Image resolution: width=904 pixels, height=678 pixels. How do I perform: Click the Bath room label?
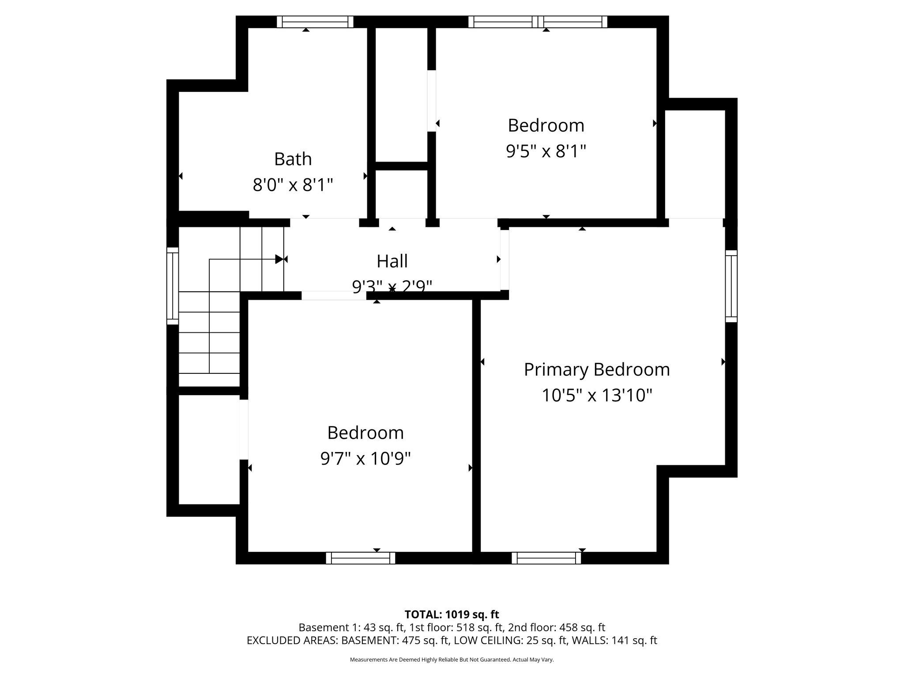[293, 159]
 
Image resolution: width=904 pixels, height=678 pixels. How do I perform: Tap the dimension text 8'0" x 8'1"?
[293, 185]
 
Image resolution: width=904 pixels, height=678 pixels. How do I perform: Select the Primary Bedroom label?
[596, 369]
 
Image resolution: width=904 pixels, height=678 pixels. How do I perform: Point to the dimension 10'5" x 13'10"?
[596, 395]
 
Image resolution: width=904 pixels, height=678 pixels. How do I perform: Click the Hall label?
[392, 261]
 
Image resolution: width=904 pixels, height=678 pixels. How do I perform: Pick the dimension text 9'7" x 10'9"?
[365, 459]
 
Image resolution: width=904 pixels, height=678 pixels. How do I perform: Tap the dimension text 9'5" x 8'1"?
[546, 151]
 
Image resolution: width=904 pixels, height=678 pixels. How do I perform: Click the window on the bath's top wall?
[315, 22]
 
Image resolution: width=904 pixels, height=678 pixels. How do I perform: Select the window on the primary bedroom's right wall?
[731, 286]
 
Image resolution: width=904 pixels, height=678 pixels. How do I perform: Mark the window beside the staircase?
[173, 286]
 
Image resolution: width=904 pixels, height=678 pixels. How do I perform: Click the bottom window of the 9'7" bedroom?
[361, 558]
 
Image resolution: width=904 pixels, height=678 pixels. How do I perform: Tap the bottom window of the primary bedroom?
[546, 558]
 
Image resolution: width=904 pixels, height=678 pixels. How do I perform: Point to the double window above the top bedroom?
[538, 22]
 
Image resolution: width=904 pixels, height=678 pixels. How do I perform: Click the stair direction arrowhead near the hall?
[279, 259]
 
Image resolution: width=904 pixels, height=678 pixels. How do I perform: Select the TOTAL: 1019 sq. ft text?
[452, 614]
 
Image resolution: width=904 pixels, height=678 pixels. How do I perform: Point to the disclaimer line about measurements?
[452, 660]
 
